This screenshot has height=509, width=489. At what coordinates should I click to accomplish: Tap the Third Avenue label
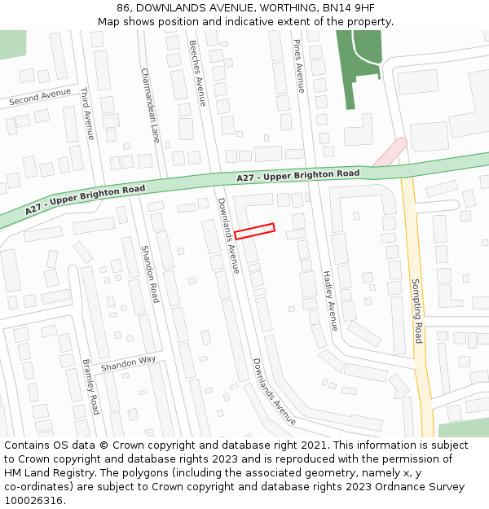pos(87,114)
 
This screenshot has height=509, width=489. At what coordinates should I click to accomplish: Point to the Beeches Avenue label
pos(198,72)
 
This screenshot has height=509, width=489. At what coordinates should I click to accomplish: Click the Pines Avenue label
pos(299,66)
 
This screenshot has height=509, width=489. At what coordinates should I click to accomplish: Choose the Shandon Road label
pos(151,274)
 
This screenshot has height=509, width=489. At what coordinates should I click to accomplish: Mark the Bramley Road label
pos(91,386)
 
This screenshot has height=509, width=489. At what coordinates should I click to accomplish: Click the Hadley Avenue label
pos(329,301)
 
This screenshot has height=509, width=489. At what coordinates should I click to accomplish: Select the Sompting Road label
pos(417,310)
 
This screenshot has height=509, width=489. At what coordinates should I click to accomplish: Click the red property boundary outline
pos(254,231)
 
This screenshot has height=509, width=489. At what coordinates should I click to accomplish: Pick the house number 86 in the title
pos(125,8)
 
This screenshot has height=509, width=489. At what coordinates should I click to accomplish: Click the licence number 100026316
pos(33,501)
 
